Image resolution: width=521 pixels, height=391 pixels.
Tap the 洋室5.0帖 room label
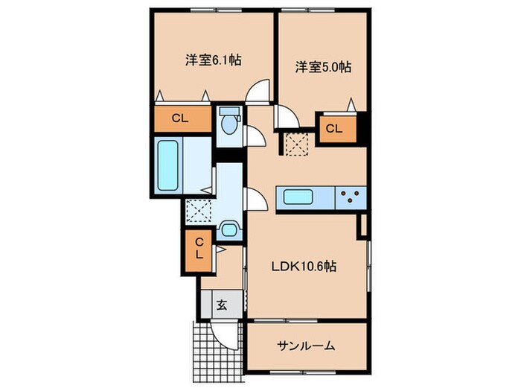[x=322, y=67]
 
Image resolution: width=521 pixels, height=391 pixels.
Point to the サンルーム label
[x=306, y=346]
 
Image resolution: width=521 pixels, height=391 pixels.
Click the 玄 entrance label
[x=221, y=304]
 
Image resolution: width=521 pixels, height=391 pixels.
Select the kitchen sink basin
[x=297, y=198]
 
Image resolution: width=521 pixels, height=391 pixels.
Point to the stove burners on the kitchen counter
[x=351, y=198]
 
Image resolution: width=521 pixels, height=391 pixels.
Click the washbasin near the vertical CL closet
[x=229, y=229]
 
